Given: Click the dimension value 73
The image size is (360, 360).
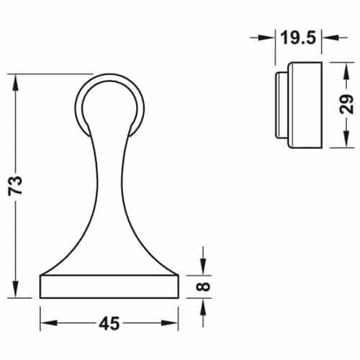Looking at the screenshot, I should click(x=16, y=186).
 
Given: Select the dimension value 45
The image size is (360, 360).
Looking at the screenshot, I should click(x=109, y=324).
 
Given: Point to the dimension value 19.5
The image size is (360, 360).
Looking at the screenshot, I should click(x=298, y=37).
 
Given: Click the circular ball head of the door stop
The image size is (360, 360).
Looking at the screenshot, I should click(x=110, y=104).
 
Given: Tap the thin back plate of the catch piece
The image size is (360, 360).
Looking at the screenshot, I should click(x=280, y=104).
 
